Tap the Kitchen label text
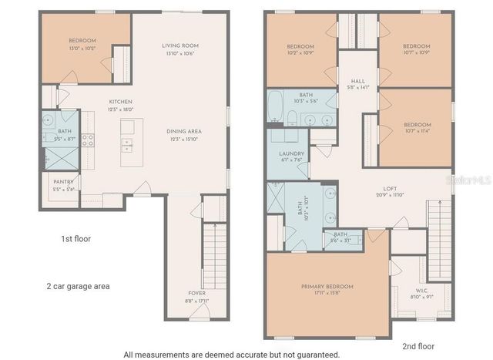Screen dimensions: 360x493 point(121,102)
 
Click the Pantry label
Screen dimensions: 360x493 point(63,182)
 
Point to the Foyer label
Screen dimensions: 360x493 point(196,293)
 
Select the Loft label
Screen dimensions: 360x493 point(390,188)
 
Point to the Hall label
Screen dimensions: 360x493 point(357,80)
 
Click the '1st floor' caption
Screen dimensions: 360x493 point(75,239)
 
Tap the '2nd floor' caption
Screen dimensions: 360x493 point(418,346)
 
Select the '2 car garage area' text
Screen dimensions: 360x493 point(78,286)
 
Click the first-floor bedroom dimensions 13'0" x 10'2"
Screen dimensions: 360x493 point(82,48)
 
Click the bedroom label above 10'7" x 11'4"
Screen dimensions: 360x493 point(418,124)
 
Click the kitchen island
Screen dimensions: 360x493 point(125,144)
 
